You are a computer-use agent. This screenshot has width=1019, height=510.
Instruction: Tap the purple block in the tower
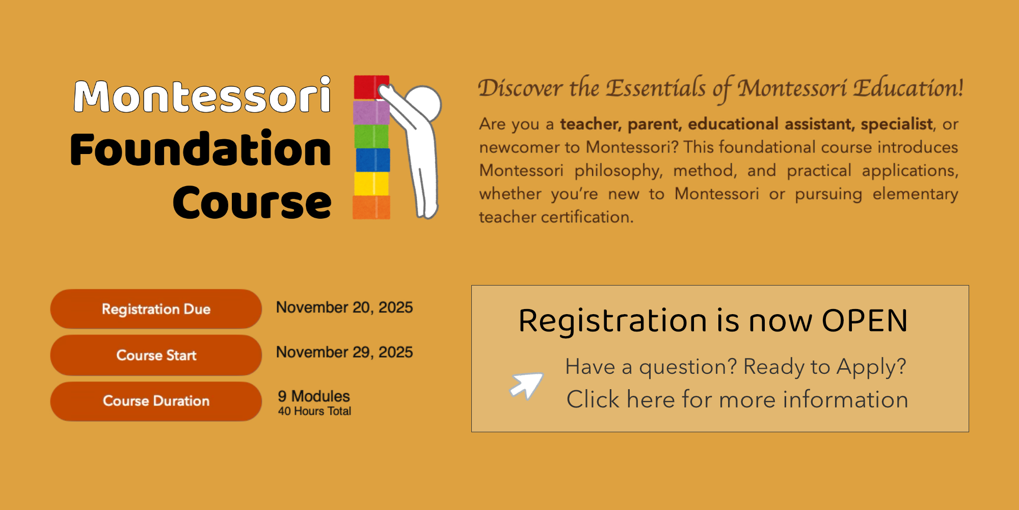pyautogui.click(x=371, y=112)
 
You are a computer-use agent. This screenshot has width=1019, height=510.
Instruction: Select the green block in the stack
pyautogui.click(x=371, y=136)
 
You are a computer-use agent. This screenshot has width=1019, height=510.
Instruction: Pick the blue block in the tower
pyautogui.click(x=372, y=160)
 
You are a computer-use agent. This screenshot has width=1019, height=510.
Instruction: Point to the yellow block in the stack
pyautogui.click(x=371, y=184)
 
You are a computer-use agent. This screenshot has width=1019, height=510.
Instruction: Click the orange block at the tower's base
pyautogui.click(x=371, y=207)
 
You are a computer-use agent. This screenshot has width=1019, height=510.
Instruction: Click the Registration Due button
pyautogui.click(x=156, y=309)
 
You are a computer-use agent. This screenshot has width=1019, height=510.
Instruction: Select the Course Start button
pyautogui.click(x=156, y=355)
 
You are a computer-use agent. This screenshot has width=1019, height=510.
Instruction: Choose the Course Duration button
pyautogui.click(x=156, y=401)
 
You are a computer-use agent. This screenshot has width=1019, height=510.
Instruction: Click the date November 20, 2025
pyautogui.click(x=344, y=308)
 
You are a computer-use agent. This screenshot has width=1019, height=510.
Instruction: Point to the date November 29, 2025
pyautogui.click(x=344, y=352)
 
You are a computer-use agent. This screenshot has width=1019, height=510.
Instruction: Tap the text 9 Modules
pyautogui.click(x=314, y=396)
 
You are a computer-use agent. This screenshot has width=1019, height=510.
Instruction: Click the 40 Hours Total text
pyautogui.click(x=314, y=411)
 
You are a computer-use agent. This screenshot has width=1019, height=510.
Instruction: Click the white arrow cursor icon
pyautogui.click(x=527, y=386)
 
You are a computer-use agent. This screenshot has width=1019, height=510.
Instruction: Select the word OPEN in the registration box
pyautogui.click(x=865, y=321)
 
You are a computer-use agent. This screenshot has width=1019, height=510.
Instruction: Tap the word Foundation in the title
pyautogui.click(x=201, y=149)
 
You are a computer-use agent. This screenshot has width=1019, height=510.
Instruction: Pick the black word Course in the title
pyautogui.click(x=252, y=203)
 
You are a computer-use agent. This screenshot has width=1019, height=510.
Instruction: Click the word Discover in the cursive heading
pyautogui.click(x=520, y=88)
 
